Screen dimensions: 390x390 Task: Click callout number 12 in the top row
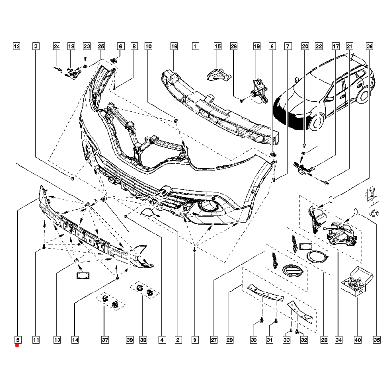tap(16, 46)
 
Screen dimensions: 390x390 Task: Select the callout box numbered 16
tap(174, 46)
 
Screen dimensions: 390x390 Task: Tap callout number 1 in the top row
tap(195, 46)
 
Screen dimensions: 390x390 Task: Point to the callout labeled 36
tap(369, 46)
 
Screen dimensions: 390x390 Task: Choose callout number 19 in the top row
tap(256, 46)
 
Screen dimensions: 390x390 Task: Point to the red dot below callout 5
tap(17, 346)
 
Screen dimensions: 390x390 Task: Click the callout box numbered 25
tap(101, 46)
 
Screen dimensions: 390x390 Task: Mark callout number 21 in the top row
tap(349, 46)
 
